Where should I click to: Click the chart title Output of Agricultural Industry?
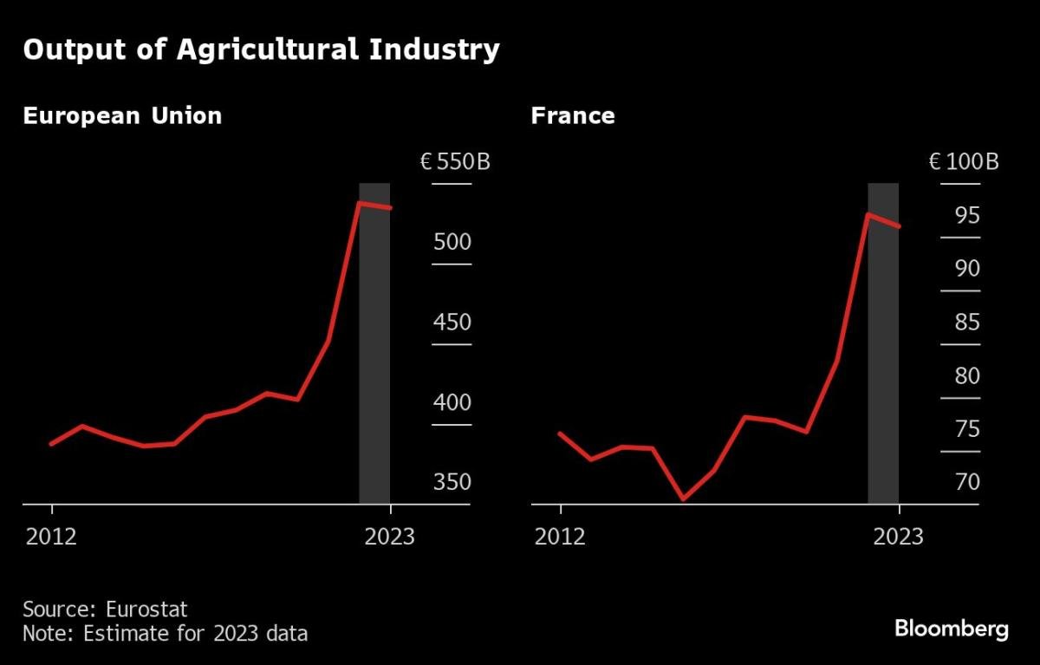point(261,50)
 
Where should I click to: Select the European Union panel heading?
point(122,115)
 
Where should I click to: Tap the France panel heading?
point(573,115)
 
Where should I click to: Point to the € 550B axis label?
point(455,162)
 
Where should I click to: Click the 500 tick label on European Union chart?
point(452,242)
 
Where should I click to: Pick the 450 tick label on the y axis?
point(452,323)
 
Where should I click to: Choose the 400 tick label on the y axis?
point(452,402)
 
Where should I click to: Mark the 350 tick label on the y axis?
point(452,482)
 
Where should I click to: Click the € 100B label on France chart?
point(964,162)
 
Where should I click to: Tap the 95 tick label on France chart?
point(962,215)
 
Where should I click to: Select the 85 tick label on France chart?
point(962,323)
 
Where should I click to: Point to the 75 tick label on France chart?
point(962,429)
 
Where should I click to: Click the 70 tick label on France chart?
point(962,482)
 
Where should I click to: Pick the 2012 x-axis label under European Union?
point(52,536)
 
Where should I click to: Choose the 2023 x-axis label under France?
point(899,536)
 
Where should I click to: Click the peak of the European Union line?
point(360,203)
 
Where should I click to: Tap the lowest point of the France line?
point(683,499)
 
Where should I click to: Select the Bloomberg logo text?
point(951,629)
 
